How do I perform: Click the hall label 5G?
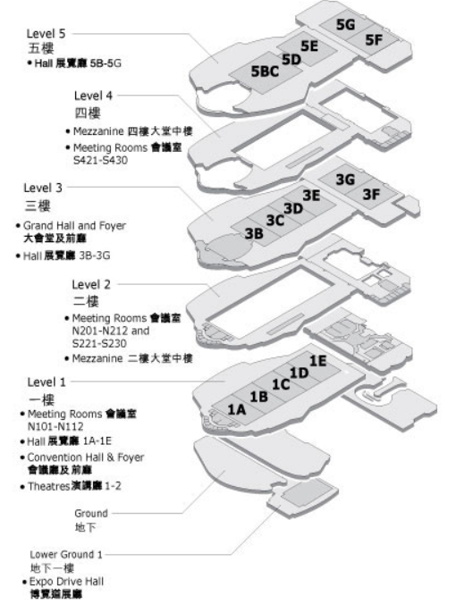[x=345, y=25]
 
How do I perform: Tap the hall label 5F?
[x=374, y=39]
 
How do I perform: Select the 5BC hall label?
[x=265, y=71]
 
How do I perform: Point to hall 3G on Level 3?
[x=345, y=179]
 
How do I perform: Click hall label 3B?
[x=255, y=233]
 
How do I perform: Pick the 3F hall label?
[x=372, y=194]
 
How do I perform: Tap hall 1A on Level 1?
[x=237, y=409]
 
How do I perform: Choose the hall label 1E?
[x=318, y=361]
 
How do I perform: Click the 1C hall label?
[x=281, y=384]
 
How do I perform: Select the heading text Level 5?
[x=46, y=34]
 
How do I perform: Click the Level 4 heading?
[x=93, y=96]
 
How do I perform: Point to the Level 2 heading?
[x=91, y=285]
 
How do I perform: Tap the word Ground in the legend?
[x=91, y=514]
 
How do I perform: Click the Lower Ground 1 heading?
[x=66, y=555]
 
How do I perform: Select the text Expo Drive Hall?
[x=67, y=582]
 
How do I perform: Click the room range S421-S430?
[x=100, y=160]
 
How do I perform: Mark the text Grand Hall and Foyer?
[x=75, y=226]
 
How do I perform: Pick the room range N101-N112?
[x=55, y=427]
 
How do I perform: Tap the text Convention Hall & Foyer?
[x=86, y=457]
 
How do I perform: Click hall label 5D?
[x=291, y=60]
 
